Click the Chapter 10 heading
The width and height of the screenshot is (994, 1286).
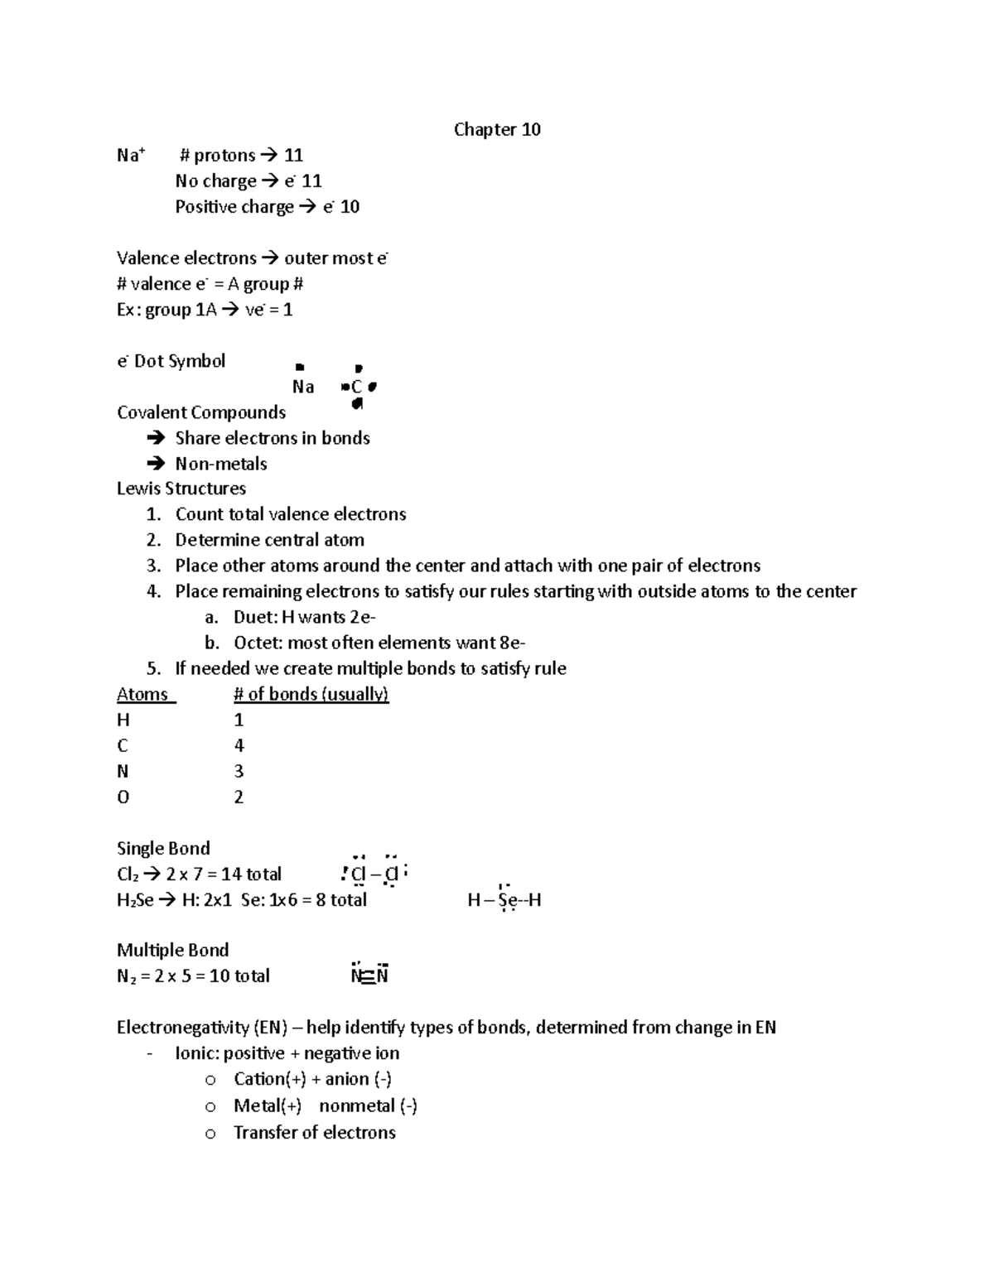(x=497, y=129)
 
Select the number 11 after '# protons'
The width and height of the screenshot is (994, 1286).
(x=293, y=155)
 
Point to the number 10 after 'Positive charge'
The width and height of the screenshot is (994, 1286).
(x=350, y=206)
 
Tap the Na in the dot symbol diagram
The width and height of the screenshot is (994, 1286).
(x=303, y=387)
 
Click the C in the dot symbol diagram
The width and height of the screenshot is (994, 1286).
(x=356, y=387)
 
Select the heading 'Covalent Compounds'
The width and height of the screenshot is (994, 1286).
(x=201, y=412)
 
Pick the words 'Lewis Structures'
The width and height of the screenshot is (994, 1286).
(x=181, y=489)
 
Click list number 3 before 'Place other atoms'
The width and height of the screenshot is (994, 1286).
(x=152, y=566)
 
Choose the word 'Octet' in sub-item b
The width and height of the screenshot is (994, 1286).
(x=257, y=643)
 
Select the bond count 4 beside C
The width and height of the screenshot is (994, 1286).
(x=239, y=745)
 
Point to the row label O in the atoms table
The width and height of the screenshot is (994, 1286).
(x=123, y=797)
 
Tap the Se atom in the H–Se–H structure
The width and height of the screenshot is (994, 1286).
(x=509, y=900)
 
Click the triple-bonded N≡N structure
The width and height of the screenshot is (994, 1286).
(x=369, y=975)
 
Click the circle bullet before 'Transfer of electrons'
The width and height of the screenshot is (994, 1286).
(x=210, y=1134)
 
